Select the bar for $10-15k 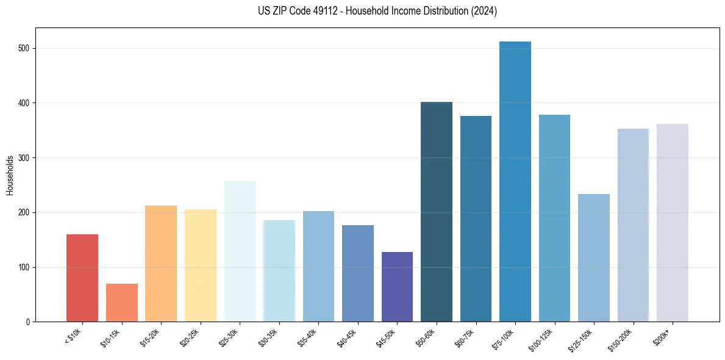pyautogui.click(x=121, y=303)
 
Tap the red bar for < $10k pyautogui.click(x=82, y=278)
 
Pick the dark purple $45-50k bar pyautogui.click(x=397, y=287)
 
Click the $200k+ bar pyautogui.click(x=672, y=223)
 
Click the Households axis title pyautogui.click(x=10, y=175)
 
